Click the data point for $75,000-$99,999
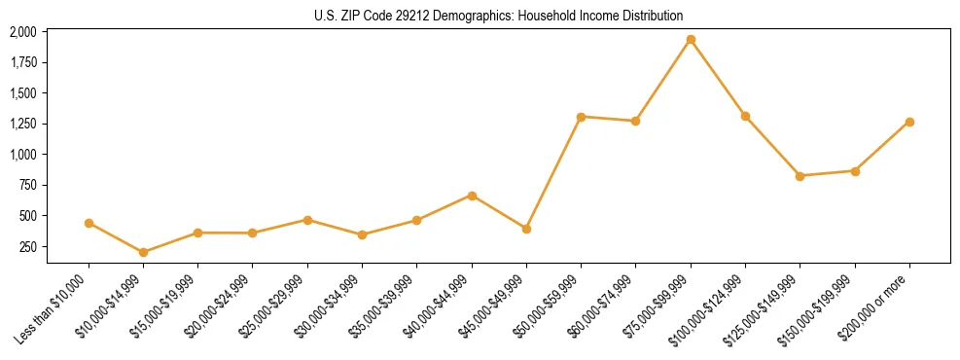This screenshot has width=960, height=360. pyautogui.click(x=691, y=40)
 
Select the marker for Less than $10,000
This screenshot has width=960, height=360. pyautogui.click(x=89, y=223)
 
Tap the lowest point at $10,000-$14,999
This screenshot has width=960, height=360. pyautogui.click(x=144, y=252)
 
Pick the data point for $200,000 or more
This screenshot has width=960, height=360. pyautogui.click(x=909, y=122)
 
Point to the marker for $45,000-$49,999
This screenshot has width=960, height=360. pyautogui.click(x=526, y=229)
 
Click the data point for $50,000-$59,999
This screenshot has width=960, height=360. pyautogui.click(x=581, y=117)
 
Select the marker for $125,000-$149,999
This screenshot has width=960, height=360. pyautogui.click(x=800, y=176)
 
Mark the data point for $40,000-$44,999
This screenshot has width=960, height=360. pyautogui.click(x=472, y=196)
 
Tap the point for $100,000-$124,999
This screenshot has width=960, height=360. pyautogui.click(x=745, y=116)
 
